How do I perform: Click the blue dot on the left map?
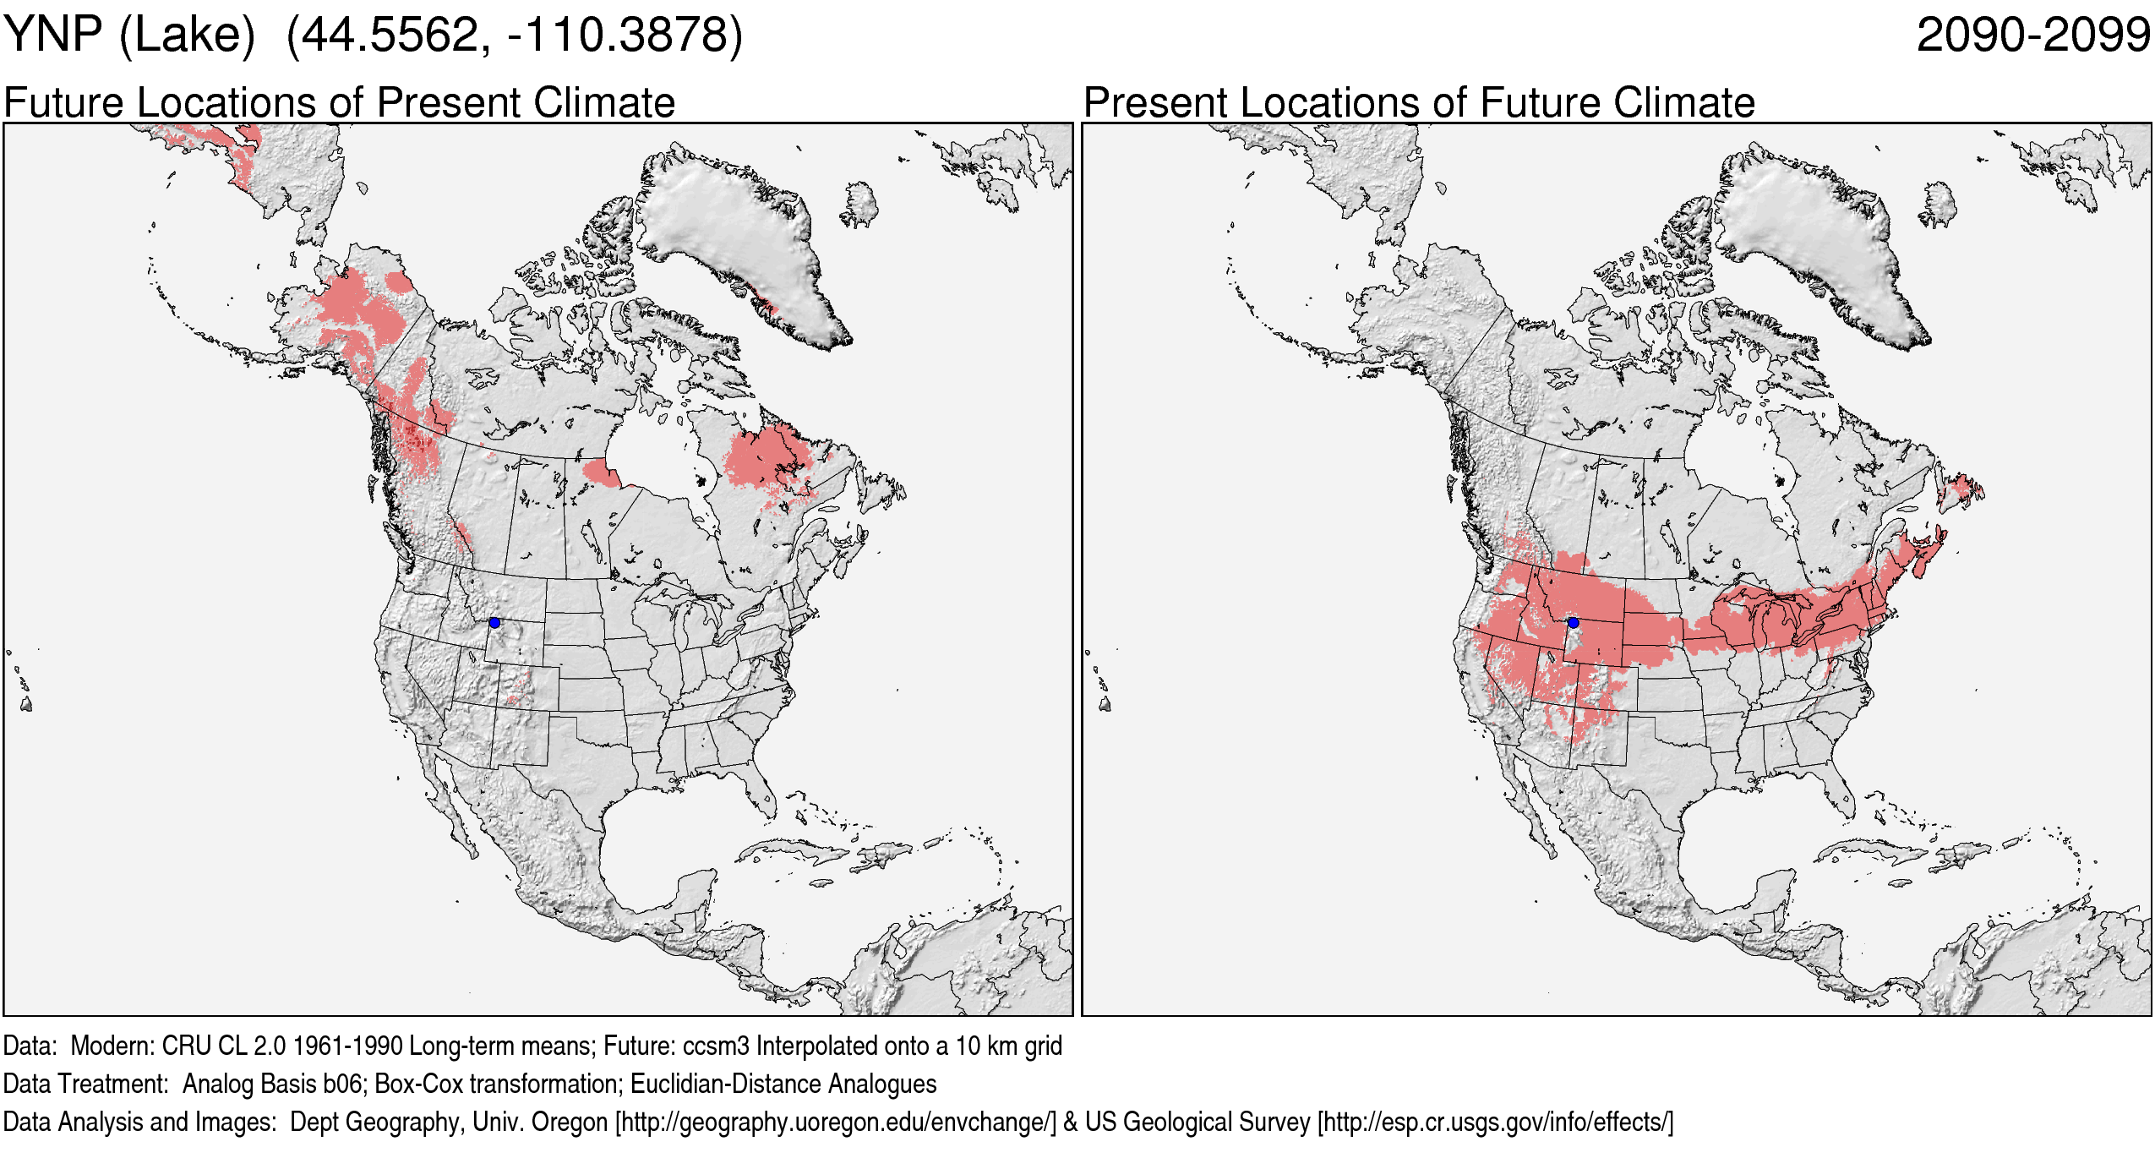pyautogui.click(x=494, y=623)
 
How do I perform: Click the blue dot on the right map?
pyautogui.click(x=1573, y=623)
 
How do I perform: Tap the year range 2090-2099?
pyautogui.click(x=2032, y=36)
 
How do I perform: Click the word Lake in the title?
pyautogui.click(x=187, y=36)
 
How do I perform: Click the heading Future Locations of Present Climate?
pyautogui.click(x=339, y=103)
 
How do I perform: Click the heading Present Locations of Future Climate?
pyautogui.click(x=1419, y=103)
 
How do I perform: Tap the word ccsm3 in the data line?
pyautogui.click(x=716, y=1046)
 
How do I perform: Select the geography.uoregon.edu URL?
pyautogui.click(x=836, y=1123)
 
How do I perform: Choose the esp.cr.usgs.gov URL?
pyautogui.click(x=1495, y=1123)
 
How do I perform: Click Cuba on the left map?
pyautogui.click(x=794, y=849)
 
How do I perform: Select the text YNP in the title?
pyautogui.click(x=52, y=36)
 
